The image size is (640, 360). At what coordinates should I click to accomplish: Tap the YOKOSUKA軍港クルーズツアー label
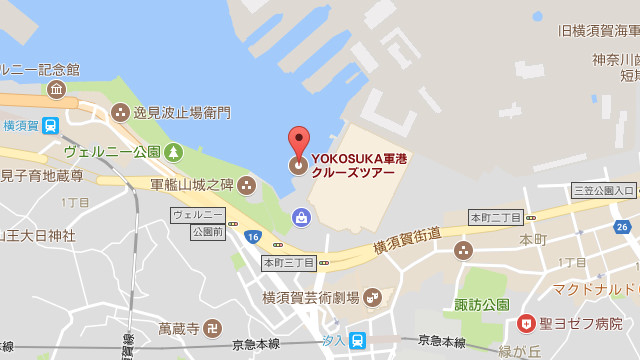click(353, 165)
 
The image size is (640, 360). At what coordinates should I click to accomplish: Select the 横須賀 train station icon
click(50, 126)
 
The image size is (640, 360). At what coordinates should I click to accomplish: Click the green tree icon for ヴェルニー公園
click(174, 152)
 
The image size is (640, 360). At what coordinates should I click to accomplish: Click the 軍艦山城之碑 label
click(191, 185)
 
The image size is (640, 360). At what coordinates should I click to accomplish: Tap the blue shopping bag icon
click(299, 216)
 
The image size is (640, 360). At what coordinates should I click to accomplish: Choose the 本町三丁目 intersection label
click(288, 263)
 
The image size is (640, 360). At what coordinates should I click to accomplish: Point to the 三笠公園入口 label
click(603, 190)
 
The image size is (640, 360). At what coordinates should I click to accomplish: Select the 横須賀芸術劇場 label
click(310, 297)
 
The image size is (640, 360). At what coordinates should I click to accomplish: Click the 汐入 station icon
click(357, 340)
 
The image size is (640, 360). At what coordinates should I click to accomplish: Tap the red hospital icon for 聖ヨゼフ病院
click(525, 323)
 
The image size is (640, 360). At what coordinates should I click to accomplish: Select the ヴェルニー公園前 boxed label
click(197, 221)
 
